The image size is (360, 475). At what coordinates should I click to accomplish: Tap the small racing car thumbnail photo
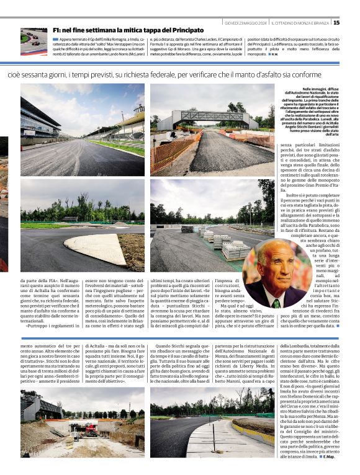pos(34,42)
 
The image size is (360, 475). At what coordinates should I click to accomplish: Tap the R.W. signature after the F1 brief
pos(274,54)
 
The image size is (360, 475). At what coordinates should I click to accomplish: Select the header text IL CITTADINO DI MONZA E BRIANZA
pos(301,23)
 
